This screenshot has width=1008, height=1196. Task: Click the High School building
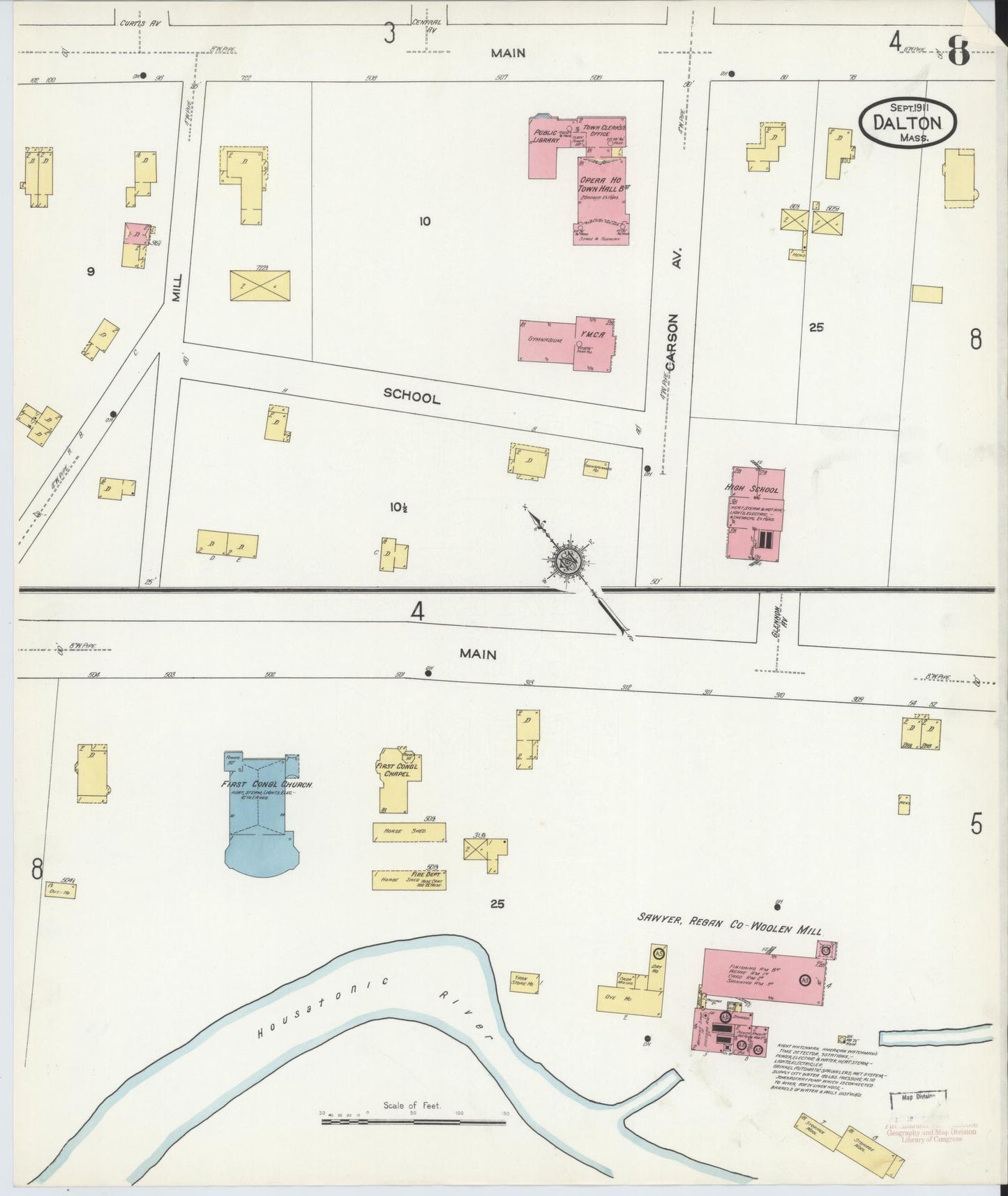point(755,514)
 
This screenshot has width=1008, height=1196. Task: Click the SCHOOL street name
point(412,397)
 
